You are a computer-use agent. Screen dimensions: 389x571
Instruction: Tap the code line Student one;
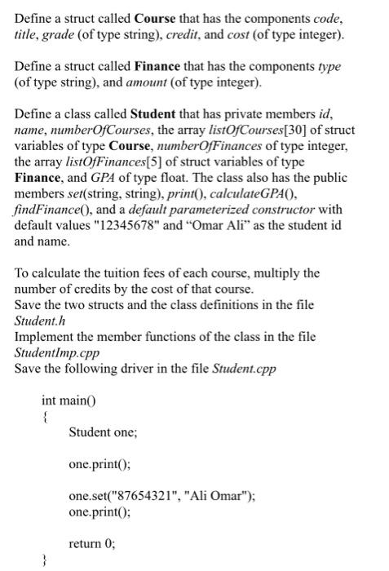(x=103, y=432)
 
